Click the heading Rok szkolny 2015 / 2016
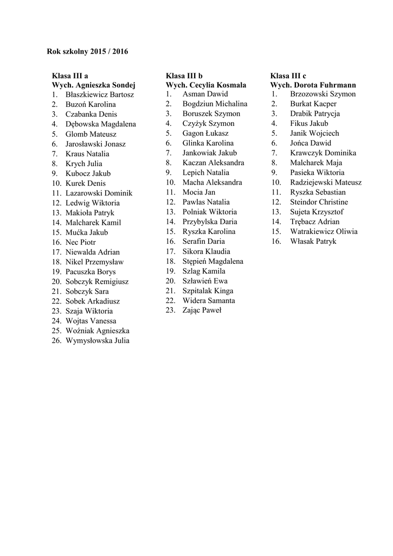(x=87, y=52)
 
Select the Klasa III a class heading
(x=70, y=75)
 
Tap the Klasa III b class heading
(x=184, y=75)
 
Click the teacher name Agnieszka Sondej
(x=105, y=85)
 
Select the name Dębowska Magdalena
(x=100, y=124)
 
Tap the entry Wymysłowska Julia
(x=98, y=341)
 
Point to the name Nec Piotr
(x=81, y=242)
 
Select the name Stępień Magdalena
(x=213, y=261)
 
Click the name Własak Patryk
(x=313, y=241)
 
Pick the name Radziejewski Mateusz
(x=326, y=182)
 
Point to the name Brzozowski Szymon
(x=323, y=94)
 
